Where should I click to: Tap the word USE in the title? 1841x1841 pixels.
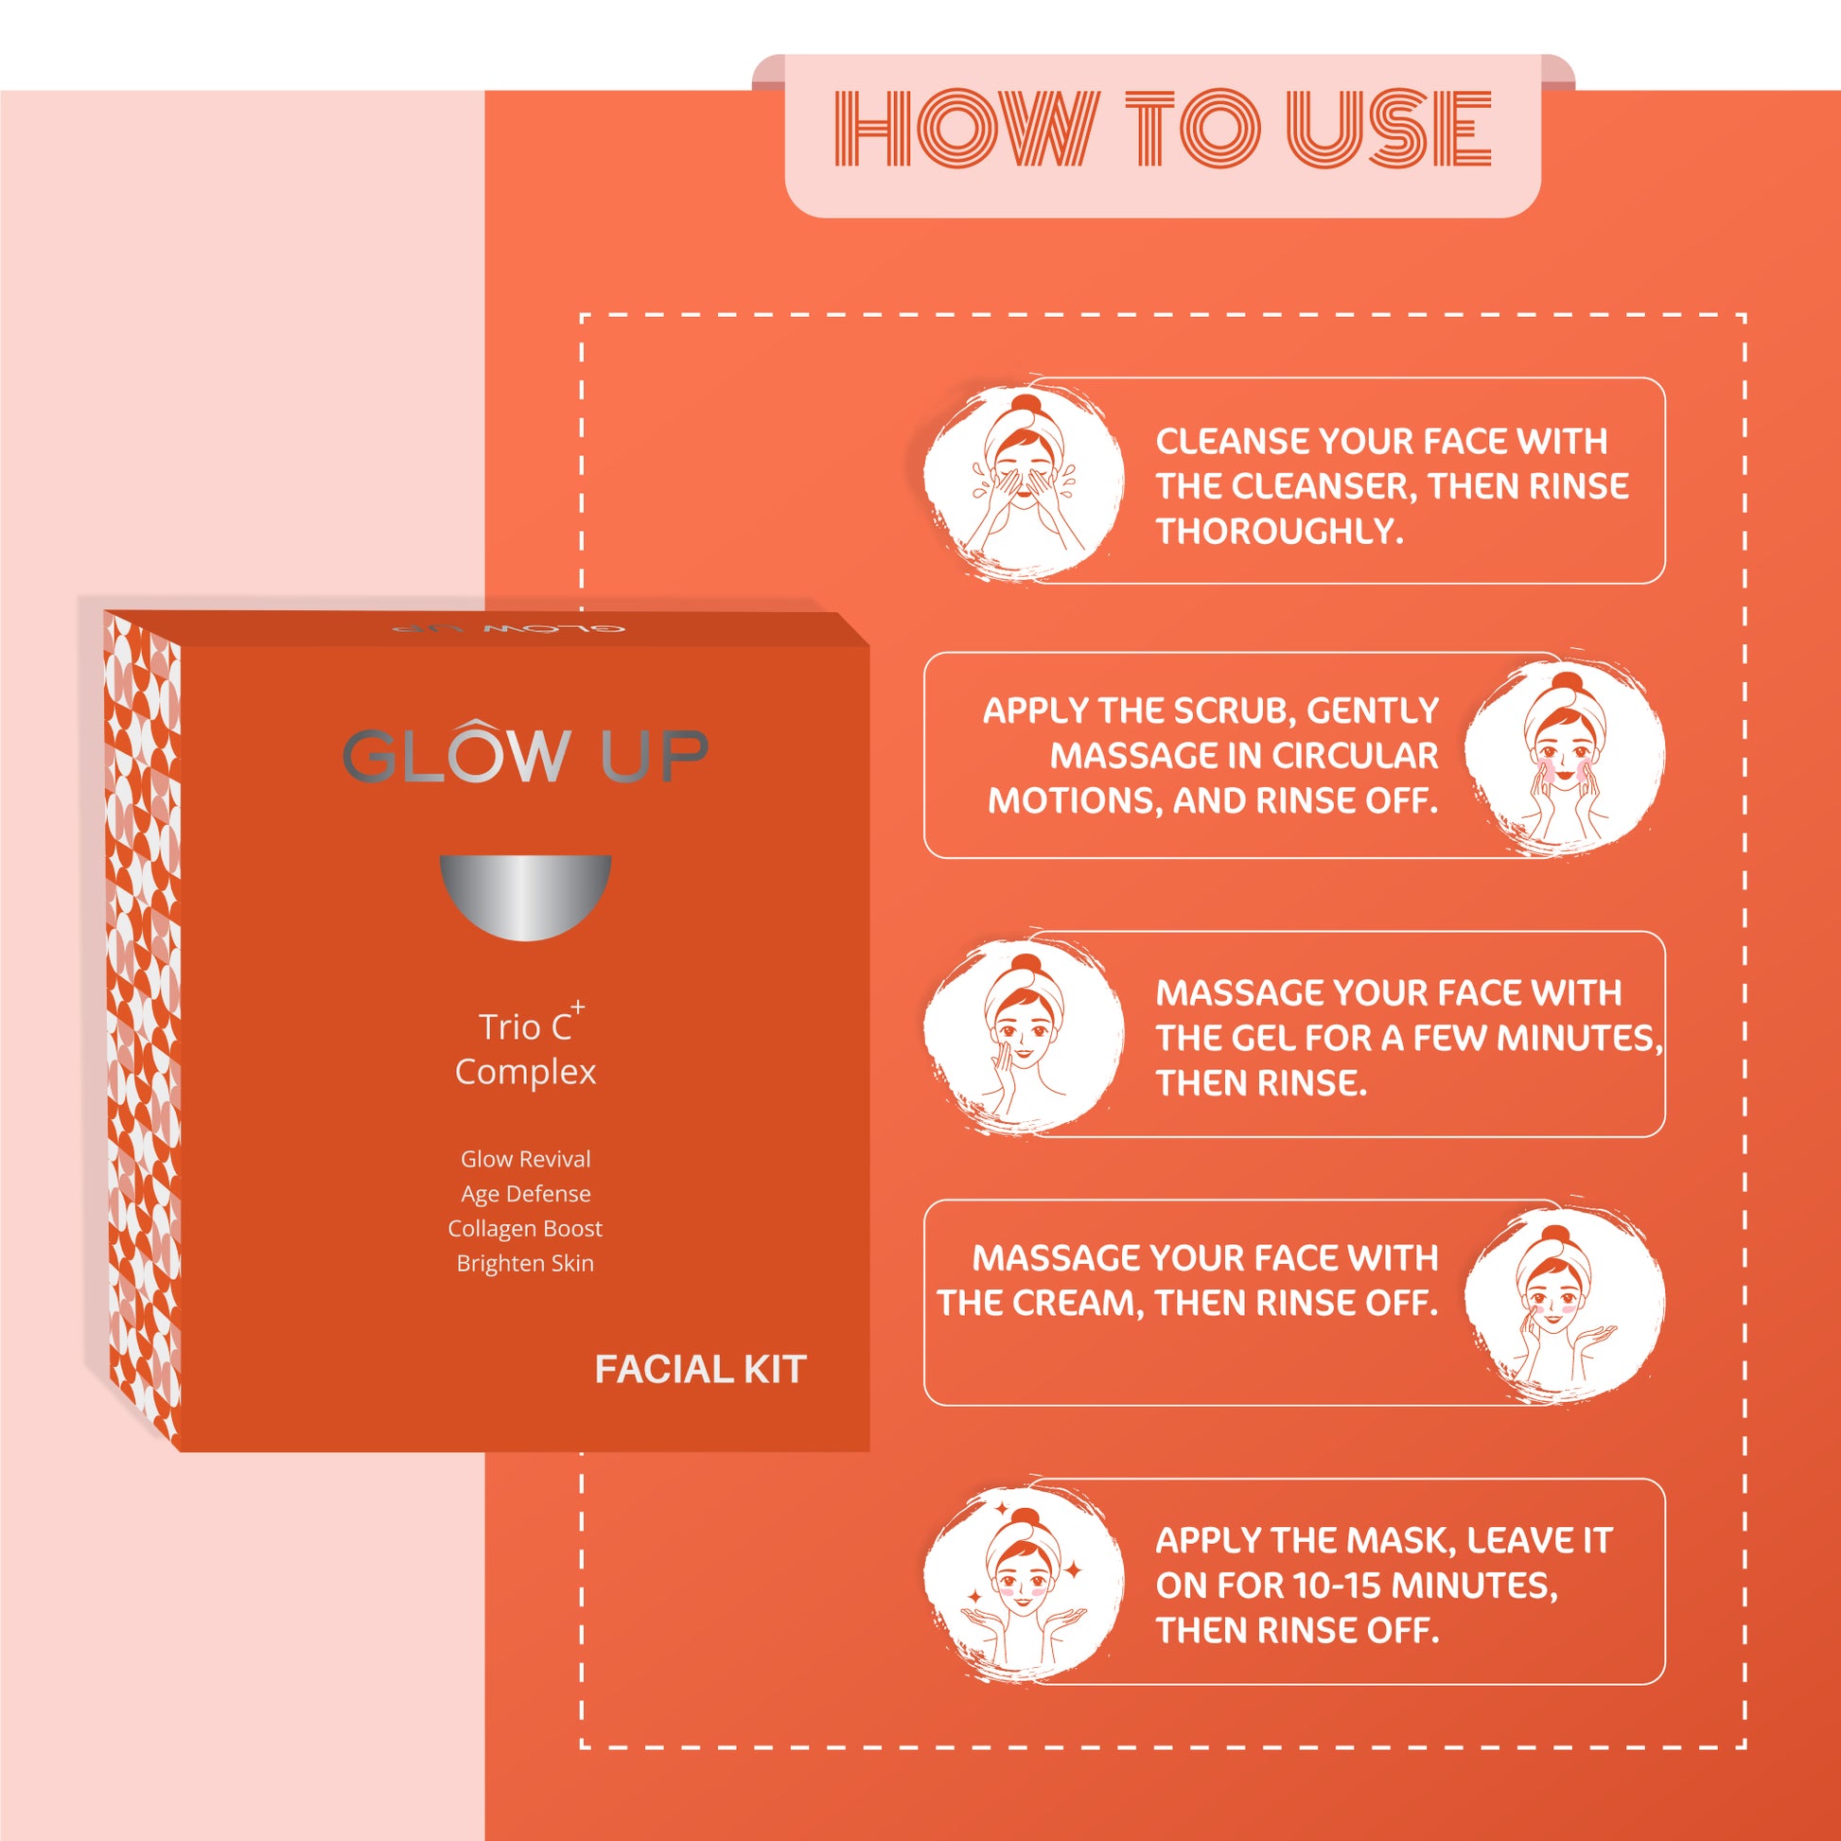[1390, 129]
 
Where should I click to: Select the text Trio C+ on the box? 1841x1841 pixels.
[531, 1024]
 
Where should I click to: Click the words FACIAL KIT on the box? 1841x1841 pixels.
[700, 1369]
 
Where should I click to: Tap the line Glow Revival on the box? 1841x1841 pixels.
[525, 1159]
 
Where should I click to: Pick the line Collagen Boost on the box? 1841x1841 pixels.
[525, 1228]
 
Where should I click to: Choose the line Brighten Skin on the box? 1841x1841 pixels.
[525, 1264]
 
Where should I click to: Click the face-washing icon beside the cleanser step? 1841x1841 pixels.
[1024, 482]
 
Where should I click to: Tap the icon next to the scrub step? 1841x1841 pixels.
[1565, 756]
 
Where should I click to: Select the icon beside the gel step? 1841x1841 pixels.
[1024, 1034]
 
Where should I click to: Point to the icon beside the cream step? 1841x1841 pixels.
[1565, 1303]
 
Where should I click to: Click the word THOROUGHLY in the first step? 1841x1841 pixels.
[1280, 532]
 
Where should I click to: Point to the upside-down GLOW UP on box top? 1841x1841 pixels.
[508, 630]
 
